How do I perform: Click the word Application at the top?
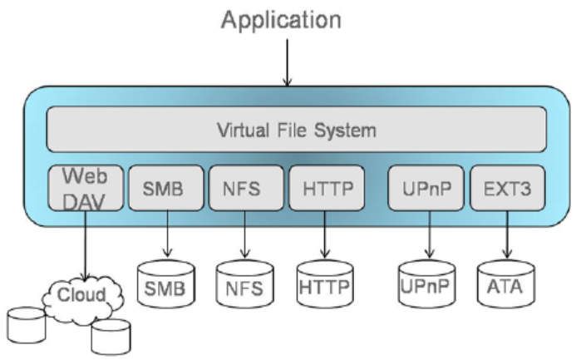(282, 21)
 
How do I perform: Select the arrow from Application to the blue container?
(288, 62)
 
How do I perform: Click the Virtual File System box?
(297, 130)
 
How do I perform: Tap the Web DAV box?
(86, 188)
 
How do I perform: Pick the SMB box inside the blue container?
(166, 188)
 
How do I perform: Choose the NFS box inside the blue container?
(246, 188)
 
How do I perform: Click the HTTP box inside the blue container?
(327, 188)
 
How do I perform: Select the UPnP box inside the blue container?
(426, 188)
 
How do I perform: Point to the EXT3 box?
(508, 188)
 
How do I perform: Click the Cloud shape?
(82, 298)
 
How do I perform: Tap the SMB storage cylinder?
(166, 284)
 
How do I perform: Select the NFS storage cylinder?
(245, 284)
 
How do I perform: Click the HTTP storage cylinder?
(325, 284)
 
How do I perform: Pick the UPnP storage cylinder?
(427, 284)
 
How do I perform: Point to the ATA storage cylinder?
(506, 284)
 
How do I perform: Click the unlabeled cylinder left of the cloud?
(27, 325)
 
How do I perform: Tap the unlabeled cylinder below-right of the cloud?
(111, 338)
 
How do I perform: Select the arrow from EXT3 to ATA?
(507, 235)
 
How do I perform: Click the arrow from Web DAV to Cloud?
(86, 246)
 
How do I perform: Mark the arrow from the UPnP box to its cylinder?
(430, 235)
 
